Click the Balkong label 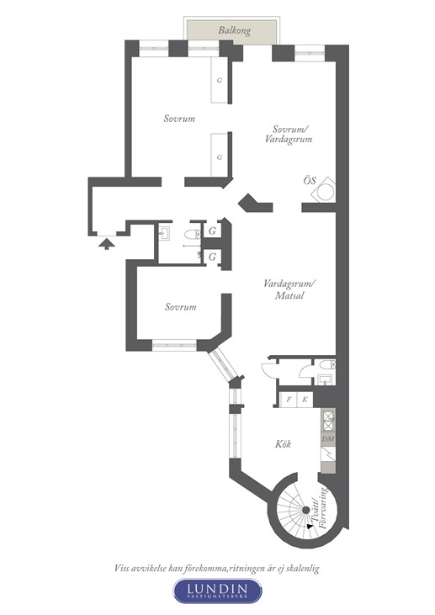pyautogui.click(x=235, y=30)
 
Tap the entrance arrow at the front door pyautogui.click(x=107, y=244)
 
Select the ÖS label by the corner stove pyautogui.click(x=310, y=181)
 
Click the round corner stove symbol pyautogui.click(x=326, y=192)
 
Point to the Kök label pyautogui.click(x=283, y=444)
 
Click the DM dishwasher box pyautogui.click(x=328, y=439)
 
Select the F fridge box pyautogui.click(x=289, y=400)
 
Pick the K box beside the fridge pyautogui.click(x=305, y=400)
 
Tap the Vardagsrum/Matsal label pyautogui.click(x=289, y=289)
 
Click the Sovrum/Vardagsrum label pyautogui.click(x=291, y=134)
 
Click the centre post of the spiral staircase pyautogui.click(x=305, y=511)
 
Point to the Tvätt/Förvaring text pyautogui.click(x=321, y=508)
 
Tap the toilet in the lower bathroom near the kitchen pyautogui.click(x=327, y=365)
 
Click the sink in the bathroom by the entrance pyautogui.click(x=164, y=234)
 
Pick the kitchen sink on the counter pyautogui.click(x=328, y=454)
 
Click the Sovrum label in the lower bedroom pyautogui.click(x=180, y=307)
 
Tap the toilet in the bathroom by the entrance pyautogui.click(x=193, y=235)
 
